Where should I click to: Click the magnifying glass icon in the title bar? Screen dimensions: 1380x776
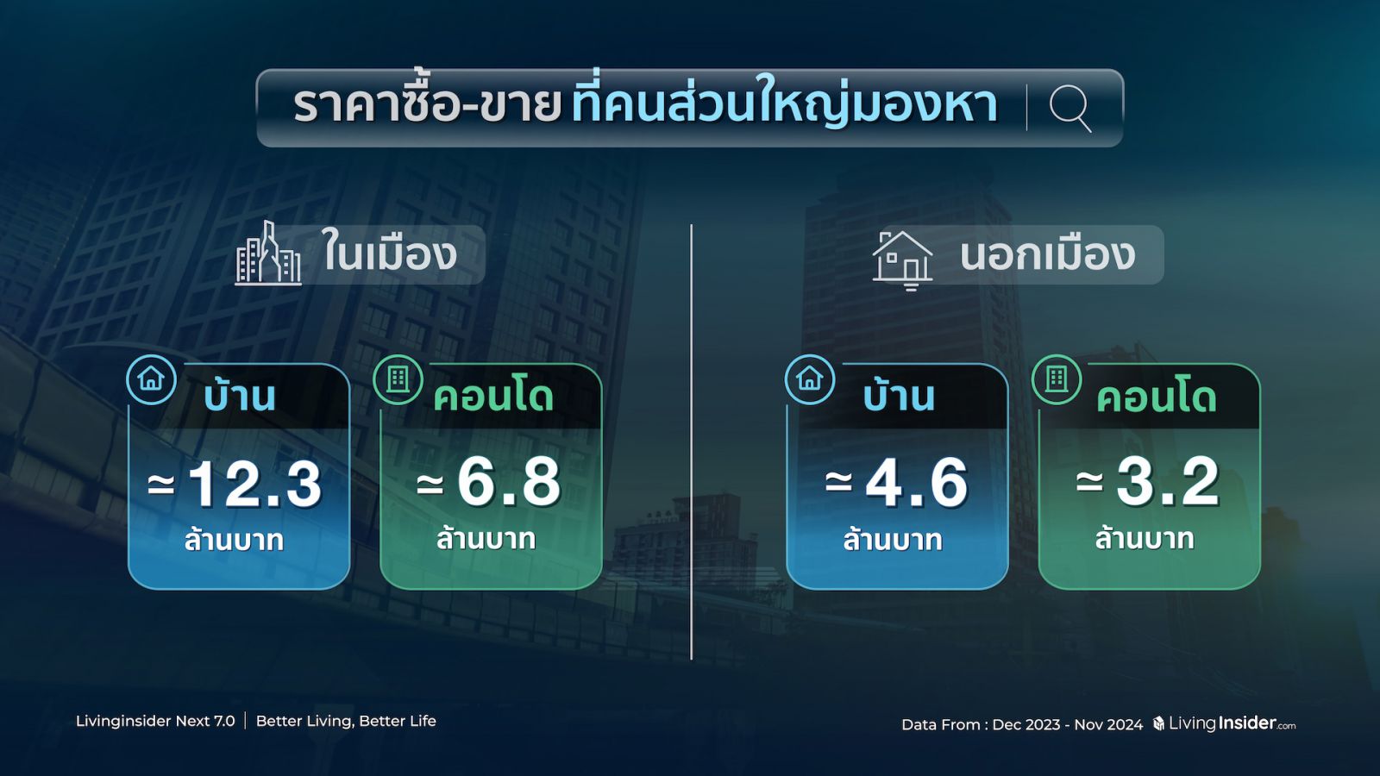[x=1069, y=109]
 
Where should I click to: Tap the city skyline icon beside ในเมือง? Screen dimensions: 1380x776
[x=268, y=253]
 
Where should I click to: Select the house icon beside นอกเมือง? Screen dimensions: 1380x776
[x=902, y=260]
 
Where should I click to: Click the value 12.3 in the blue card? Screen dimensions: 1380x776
[x=254, y=484]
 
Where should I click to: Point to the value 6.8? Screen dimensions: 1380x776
[x=509, y=483]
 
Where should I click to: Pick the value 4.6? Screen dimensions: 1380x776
[x=916, y=483]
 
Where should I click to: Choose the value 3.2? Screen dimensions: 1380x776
[x=1168, y=482]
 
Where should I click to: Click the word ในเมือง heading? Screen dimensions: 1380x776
[x=389, y=252]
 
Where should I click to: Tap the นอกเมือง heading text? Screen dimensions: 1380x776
[x=1047, y=253]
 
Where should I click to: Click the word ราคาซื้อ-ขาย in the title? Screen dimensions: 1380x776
[x=427, y=106]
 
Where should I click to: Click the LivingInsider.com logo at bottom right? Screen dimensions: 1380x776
[x=1224, y=723]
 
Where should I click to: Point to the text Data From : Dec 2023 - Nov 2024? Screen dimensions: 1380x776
[x=1022, y=725]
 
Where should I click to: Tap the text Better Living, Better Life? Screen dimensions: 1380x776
[x=346, y=721]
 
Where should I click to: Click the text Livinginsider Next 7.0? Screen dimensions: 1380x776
[x=155, y=721]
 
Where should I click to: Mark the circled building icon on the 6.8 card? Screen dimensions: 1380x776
[x=398, y=379]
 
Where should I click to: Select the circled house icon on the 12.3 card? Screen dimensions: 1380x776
[x=152, y=379]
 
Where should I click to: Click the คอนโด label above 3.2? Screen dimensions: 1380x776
[x=1157, y=398]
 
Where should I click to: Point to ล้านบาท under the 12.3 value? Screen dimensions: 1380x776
[x=234, y=540]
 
